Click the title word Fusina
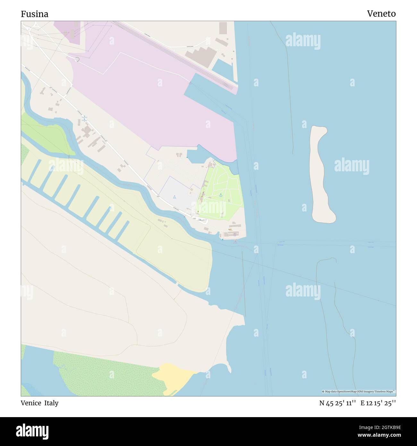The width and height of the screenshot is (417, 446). [x=35, y=14]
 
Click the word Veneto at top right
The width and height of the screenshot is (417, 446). [x=381, y=13]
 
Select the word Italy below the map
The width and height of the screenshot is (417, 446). [x=51, y=403]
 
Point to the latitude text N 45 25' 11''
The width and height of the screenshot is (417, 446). [x=337, y=403]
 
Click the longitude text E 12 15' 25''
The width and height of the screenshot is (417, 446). [x=378, y=403]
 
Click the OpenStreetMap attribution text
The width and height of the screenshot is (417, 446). [x=359, y=391]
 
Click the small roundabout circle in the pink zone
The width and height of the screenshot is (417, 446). [x=77, y=59]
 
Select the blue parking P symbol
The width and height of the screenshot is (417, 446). [x=174, y=196]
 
